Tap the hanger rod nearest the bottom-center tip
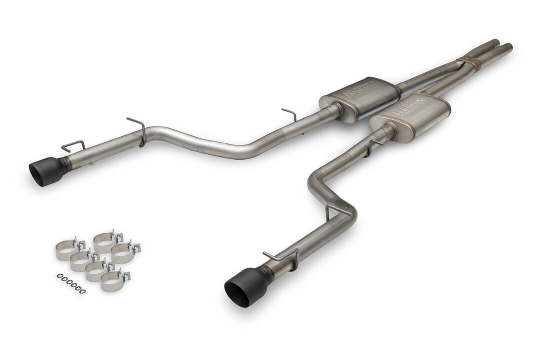pyautogui.click(x=280, y=258)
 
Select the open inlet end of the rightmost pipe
pyautogui.click(x=508, y=46)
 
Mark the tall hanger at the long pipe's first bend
pyautogui.click(x=138, y=129)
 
